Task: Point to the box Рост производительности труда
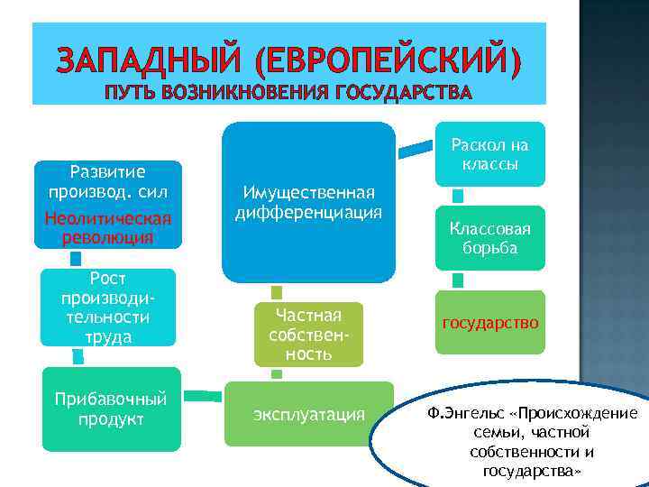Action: tap(107, 307)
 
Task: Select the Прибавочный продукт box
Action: tap(111, 409)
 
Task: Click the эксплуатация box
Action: tap(309, 414)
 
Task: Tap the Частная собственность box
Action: tap(308, 334)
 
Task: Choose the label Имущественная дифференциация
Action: tap(308, 203)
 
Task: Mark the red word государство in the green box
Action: tap(490, 322)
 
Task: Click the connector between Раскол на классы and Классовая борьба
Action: tap(458, 196)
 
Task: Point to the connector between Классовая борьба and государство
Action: tap(458, 280)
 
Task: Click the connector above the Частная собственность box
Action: tap(277, 292)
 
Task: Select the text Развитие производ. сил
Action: tap(107, 180)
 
